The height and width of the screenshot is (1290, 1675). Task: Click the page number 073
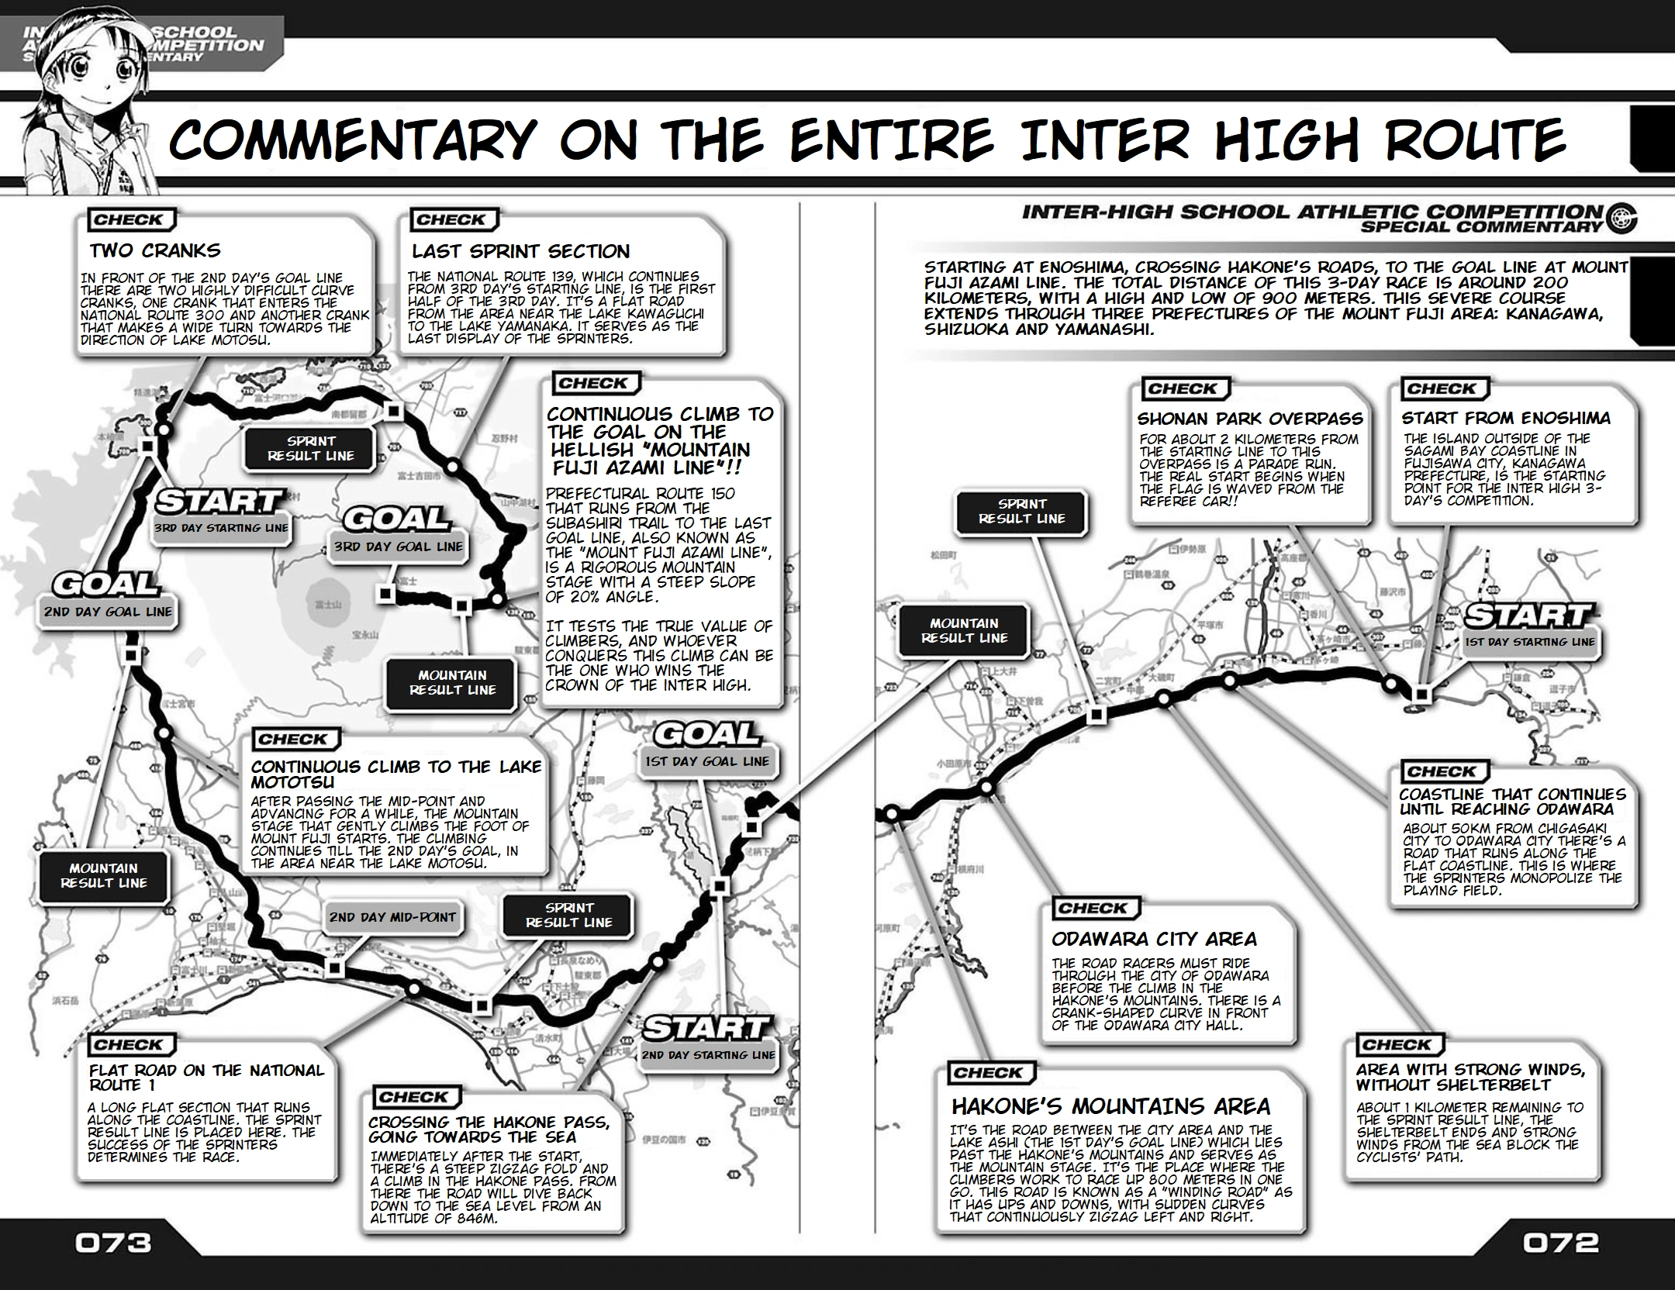point(113,1243)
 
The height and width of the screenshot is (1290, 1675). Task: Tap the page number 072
point(1560,1243)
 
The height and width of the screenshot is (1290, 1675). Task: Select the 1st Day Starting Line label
point(1529,642)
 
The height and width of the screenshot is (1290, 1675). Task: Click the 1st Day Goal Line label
point(707,761)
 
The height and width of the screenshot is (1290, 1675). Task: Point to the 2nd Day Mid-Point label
point(392,917)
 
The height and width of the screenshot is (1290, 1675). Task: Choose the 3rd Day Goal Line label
point(398,547)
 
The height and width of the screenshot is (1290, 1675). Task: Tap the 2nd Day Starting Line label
point(708,1054)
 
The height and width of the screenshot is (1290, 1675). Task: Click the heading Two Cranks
point(155,250)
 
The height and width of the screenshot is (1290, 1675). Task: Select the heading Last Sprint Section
point(520,251)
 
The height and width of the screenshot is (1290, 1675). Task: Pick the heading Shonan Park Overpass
point(1249,419)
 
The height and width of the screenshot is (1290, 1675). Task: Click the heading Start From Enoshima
point(1505,418)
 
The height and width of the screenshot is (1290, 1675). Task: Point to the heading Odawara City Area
point(1154,939)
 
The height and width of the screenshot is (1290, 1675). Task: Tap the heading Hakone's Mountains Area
point(1110,1105)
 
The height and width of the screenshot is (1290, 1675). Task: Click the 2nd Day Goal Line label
point(108,612)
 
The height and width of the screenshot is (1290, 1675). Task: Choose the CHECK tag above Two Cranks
point(128,220)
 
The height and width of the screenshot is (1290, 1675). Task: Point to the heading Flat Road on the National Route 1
point(206,1078)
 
